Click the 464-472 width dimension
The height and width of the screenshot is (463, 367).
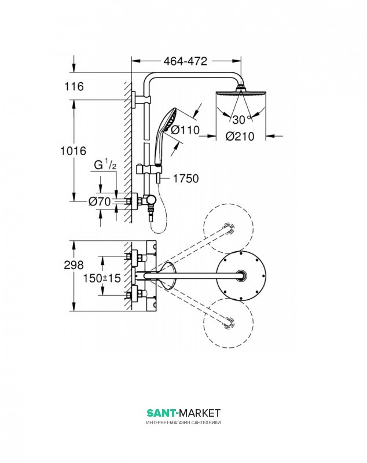point(185,61)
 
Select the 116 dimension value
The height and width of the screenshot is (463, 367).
point(74,86)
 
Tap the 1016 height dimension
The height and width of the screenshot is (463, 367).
point(73,151)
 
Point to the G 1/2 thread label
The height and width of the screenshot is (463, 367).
point(105,166)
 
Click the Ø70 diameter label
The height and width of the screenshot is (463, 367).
point(100,201)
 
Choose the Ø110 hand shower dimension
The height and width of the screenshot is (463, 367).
point(185,130)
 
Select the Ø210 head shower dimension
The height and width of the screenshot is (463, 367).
point(240,137)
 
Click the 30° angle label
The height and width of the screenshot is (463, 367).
point(241,120)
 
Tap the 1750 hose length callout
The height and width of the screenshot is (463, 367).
point(186,178)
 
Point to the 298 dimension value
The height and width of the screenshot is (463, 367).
point(74,265)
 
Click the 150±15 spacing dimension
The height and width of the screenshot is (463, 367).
point(102,278)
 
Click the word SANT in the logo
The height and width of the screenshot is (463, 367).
point(161,413)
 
